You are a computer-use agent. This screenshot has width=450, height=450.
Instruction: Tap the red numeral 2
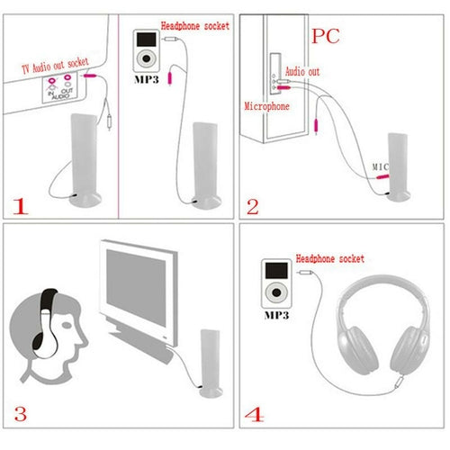[x=253, y=206]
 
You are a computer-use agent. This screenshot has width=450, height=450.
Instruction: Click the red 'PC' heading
[x=326, y=37]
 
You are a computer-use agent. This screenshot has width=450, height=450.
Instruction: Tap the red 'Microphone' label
[x=267, y=106]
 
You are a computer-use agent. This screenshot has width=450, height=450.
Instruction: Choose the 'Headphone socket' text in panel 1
[x=196, y=25]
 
